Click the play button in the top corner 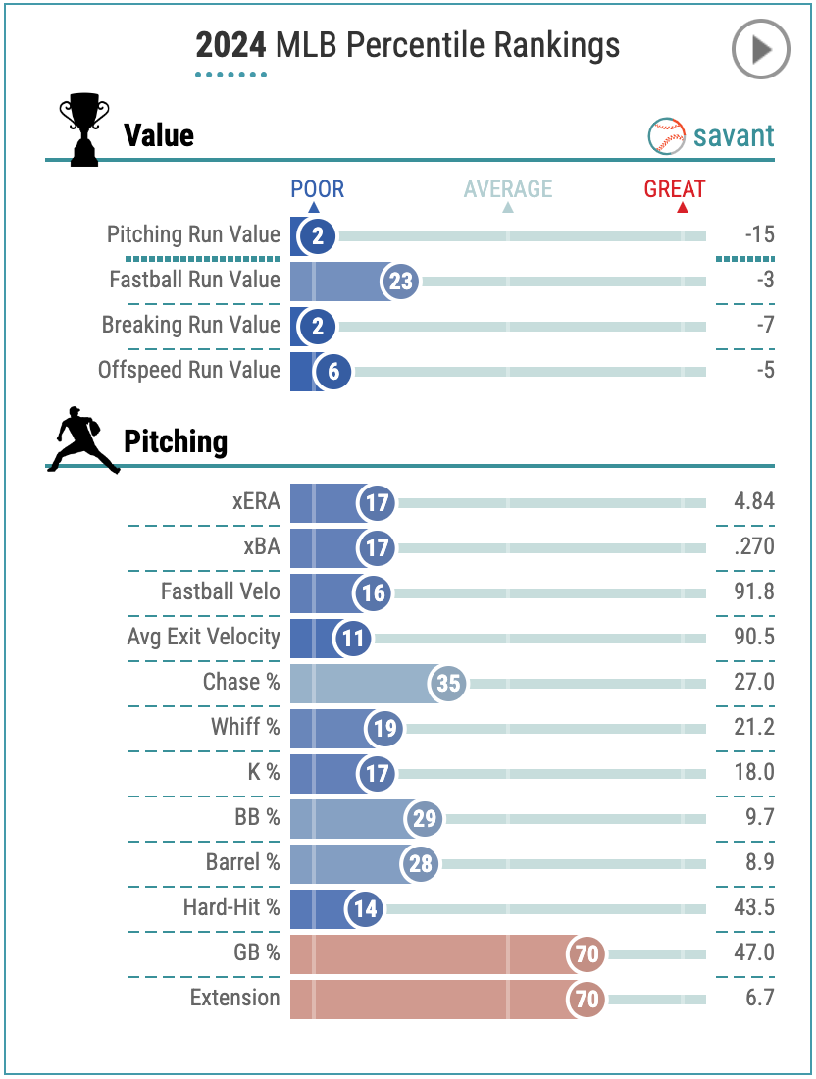tap(760, 49)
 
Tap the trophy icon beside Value tap(83, 128)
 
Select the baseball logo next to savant tap(667, 136)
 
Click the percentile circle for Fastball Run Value tap(399, 282)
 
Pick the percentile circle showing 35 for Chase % tap(448, 683)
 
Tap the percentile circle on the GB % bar tap(586, 953)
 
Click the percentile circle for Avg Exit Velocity tap(353, 639)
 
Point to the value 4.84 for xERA tap(754, 501)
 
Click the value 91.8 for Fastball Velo tap(754, 591)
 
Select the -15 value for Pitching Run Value tap(759, 234)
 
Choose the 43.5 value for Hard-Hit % tap(754, 907)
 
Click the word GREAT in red tap(675, 189)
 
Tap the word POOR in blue tap(317, 189)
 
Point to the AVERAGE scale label tap(508, 189)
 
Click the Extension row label tap(234, 998)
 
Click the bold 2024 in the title tap(231, 45)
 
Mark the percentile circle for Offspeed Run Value tap(333, 372)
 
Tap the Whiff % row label tap(245, 727)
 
